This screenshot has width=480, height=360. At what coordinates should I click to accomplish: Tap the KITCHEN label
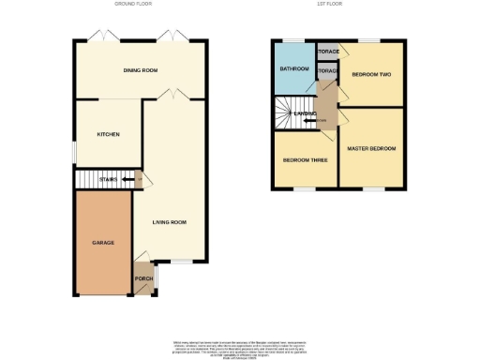click(109, 134)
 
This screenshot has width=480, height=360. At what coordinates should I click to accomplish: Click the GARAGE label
click(102, 243)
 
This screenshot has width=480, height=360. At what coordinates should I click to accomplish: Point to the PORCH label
click(144, 278)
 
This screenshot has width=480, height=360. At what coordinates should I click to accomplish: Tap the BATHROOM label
click(293, 68)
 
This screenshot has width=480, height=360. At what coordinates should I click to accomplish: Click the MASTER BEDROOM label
click(371, 149)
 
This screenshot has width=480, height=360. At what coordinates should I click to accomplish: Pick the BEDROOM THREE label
click(306, 160)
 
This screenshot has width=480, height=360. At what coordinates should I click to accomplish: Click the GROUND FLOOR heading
click(133, 4)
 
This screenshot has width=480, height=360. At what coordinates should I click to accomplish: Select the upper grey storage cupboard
click(327, 52)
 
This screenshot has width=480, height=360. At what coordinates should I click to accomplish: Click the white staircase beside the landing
click(285, 114)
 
